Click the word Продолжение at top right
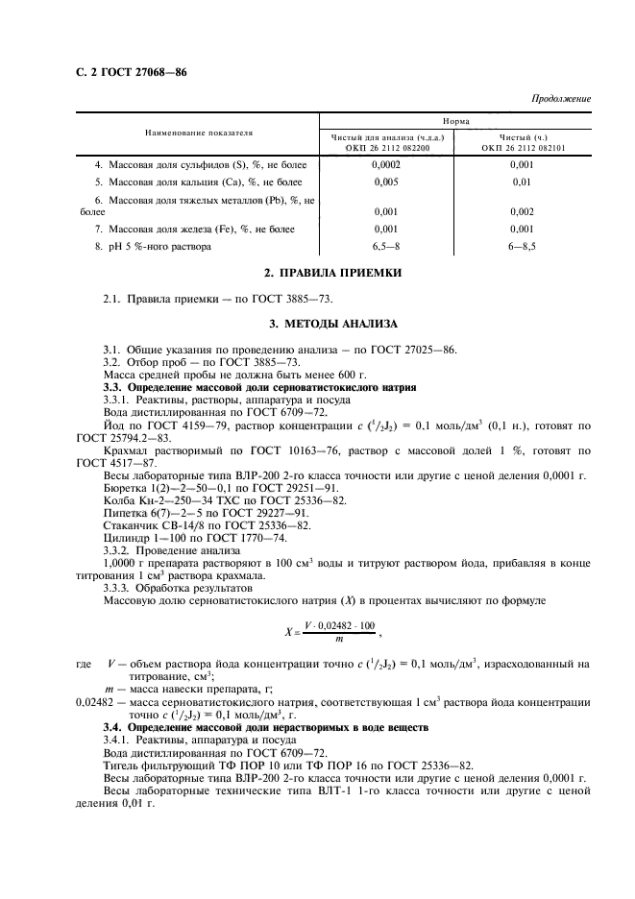tap(561, 99)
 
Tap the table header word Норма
tap(455, 122)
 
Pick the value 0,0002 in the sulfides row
tap(385, 164)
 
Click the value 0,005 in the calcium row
tap(385, 182)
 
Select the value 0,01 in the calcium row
tap(523, 182)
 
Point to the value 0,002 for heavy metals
tap(523, 211)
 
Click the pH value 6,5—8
tap(385, 247)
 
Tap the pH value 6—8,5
tap(523, 247)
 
